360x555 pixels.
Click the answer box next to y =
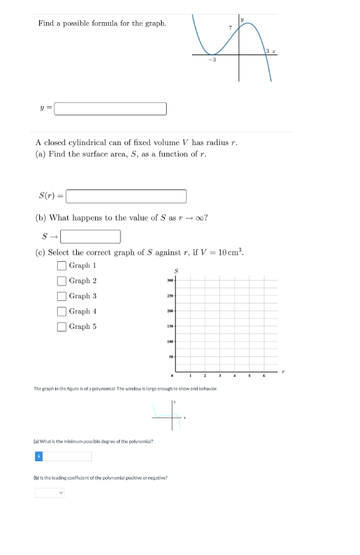click(x=111, y=110)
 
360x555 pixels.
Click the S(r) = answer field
click(x=126, y=196)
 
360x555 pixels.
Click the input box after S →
click(x=91, y=237)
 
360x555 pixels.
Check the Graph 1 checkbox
click(x=62, y=265)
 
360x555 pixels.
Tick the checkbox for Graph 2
click(x=62, y=281)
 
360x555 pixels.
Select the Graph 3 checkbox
click(x=62, y=296)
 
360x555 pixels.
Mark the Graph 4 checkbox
click(x=62, y=311)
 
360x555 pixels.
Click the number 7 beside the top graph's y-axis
click(x=231, y=27)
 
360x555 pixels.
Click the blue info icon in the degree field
click(x=38, y=456)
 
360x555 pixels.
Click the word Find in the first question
click(x=46, y=23)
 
